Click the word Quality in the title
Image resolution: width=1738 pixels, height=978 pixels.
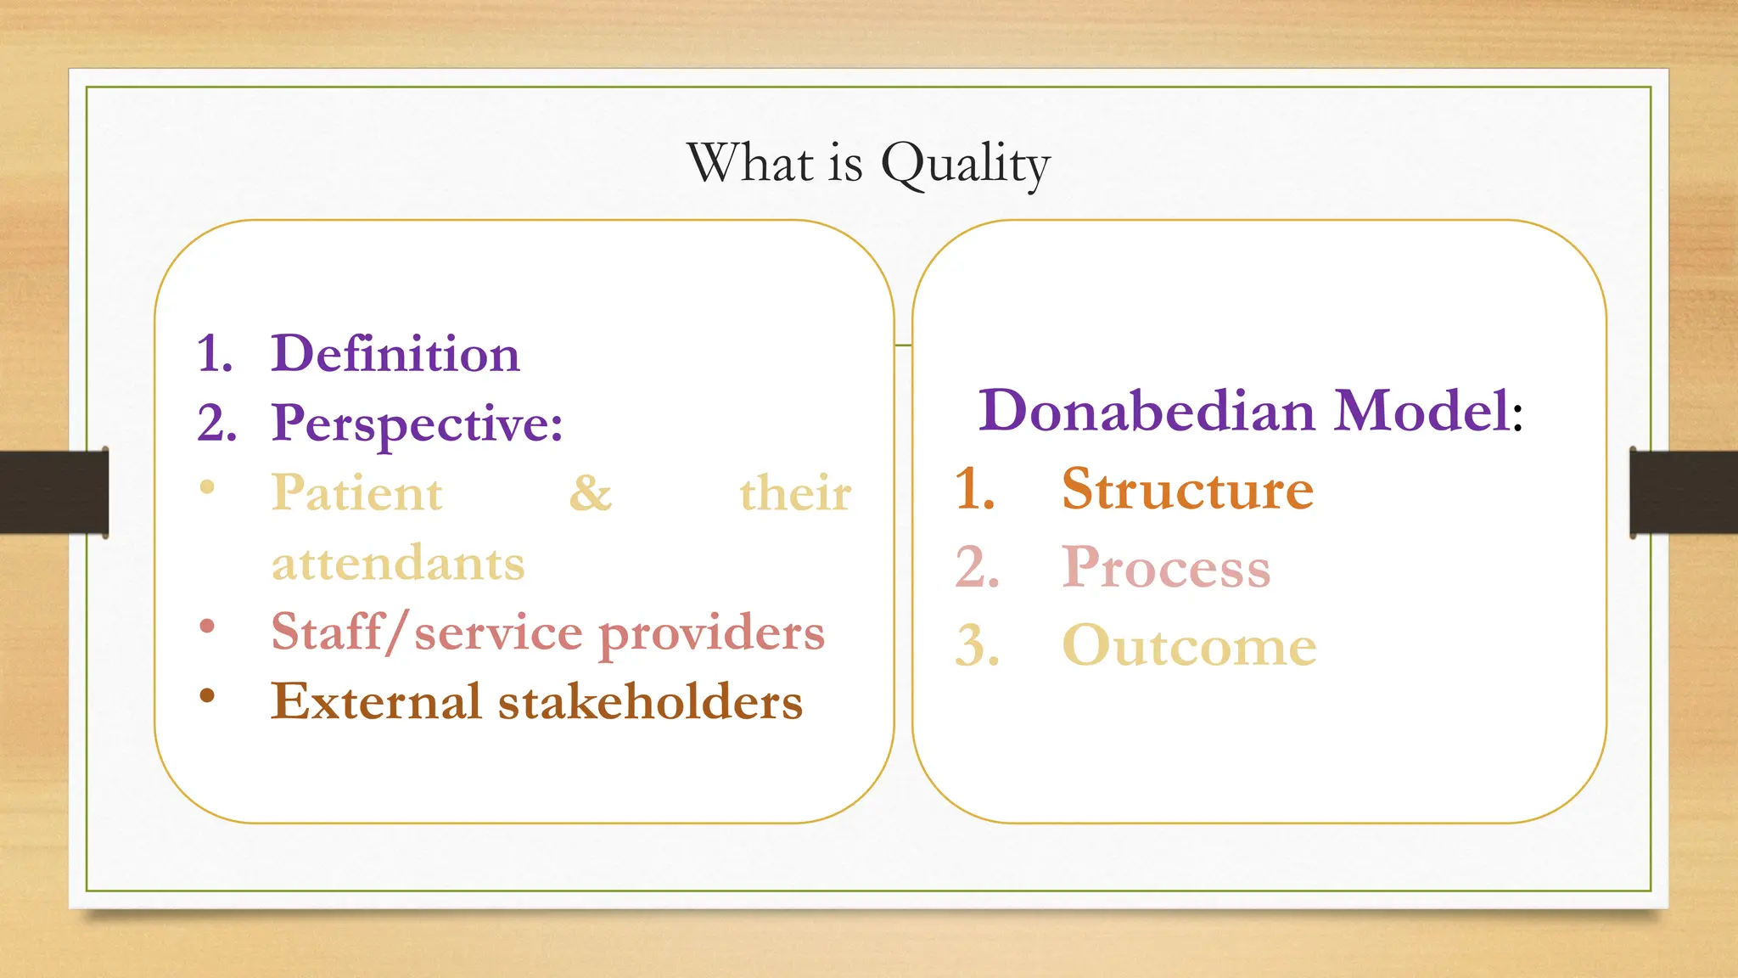966,163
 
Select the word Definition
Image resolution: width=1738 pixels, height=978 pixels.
395,353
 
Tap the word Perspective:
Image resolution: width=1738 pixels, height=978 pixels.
417,424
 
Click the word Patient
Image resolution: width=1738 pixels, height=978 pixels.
356,493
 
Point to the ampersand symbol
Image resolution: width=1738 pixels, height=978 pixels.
590,493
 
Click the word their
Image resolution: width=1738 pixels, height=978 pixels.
795,493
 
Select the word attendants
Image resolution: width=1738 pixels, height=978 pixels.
398,563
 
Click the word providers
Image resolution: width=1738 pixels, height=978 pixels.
711,633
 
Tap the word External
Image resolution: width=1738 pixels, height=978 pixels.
376,702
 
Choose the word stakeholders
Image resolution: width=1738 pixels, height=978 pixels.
650,702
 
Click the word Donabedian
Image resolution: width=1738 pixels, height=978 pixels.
1147,411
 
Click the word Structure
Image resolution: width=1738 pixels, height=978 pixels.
1187,490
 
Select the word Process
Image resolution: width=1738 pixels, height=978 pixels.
1166,568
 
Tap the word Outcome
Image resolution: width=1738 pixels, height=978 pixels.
1189,646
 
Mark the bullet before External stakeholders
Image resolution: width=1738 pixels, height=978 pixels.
207,696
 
